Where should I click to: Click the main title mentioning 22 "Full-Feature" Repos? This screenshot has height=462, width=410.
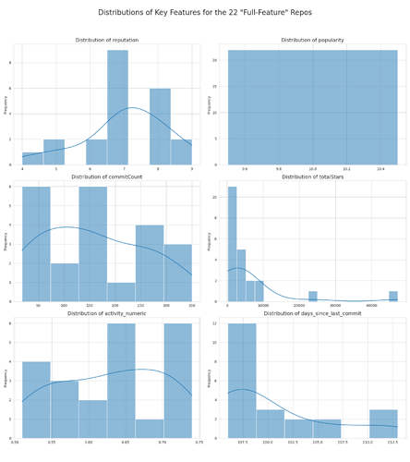point(205,13)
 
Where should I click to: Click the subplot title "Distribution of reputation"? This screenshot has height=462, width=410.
point(107,40)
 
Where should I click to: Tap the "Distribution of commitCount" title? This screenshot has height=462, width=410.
point(107,176)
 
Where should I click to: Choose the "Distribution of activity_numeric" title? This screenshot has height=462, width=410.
point(107,313)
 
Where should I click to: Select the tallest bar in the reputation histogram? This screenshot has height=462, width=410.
point(117,107)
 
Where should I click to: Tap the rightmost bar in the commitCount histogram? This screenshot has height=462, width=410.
point(177,273)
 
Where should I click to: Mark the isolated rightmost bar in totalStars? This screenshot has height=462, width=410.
point(393,297)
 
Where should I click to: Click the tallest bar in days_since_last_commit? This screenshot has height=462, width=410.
point(242,380)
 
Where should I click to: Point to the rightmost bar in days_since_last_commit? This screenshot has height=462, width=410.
point(383,423)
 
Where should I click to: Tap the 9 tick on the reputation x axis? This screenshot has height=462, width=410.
point(192,170)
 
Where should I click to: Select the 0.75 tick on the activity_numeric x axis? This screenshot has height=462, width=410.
point(199,444)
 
